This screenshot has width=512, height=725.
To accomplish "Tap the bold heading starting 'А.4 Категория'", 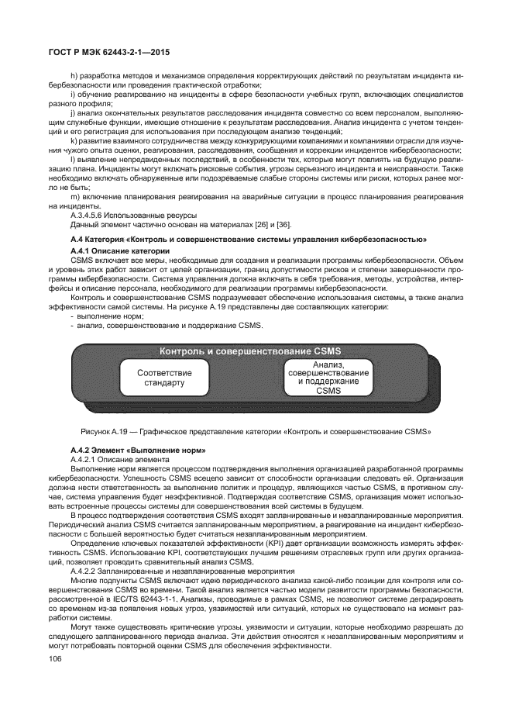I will [x=248, y=242].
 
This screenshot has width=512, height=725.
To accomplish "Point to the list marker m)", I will [x=74, y=198].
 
